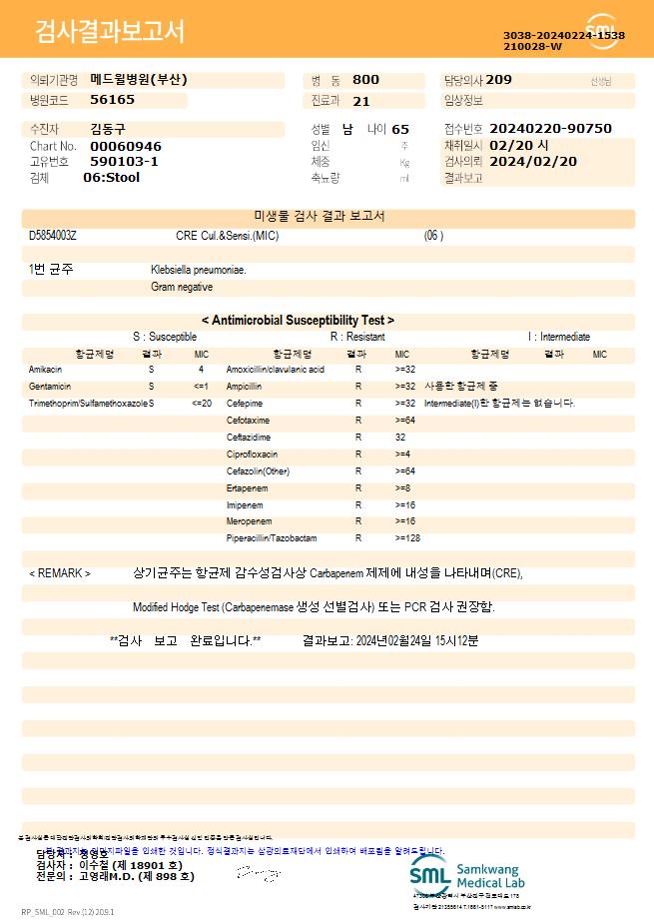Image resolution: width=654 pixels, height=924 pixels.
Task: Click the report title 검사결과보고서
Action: click(110, 32)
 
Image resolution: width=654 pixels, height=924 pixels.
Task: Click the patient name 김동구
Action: click(109, 129)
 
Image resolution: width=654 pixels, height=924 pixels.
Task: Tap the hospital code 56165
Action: click(112, 100)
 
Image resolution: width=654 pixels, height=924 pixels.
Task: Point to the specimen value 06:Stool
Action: click(111, 178)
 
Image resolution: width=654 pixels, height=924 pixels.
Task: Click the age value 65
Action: click(400, 129)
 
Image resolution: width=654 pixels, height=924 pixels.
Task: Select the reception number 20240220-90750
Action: click(550, 129)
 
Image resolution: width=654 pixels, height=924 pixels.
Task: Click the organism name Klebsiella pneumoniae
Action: click(199, 270)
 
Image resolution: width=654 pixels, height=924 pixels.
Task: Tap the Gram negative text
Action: click(182, 288)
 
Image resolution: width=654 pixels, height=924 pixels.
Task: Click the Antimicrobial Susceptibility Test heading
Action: click(298, 321)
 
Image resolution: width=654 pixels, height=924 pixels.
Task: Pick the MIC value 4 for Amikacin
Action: click(201, 370)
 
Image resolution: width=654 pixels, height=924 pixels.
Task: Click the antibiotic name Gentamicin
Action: click(50, 387)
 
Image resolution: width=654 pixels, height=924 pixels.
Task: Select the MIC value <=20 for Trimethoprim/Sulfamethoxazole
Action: click(202, 404)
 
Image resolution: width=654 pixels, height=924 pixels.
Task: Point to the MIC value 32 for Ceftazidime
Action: click(399, 438)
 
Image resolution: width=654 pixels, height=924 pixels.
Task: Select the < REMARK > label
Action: click(60, 574)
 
